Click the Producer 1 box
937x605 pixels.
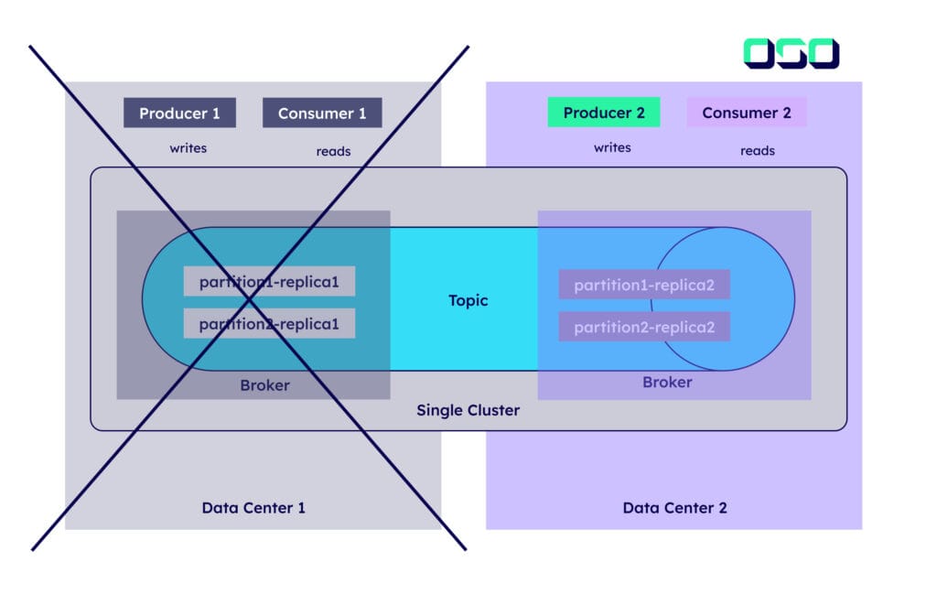(179, 113)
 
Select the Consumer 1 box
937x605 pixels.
(322, 113)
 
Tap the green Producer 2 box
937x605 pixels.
(604, 113)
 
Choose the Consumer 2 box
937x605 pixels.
(747, 113)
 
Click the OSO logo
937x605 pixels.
(791, 53)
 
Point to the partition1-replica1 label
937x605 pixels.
(269, 282)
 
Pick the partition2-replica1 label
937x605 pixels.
(269, 323)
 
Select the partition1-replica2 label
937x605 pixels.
(644, 285)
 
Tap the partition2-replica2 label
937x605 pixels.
(644, 326)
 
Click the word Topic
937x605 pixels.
(468, 300)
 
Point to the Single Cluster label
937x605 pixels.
(468, 410)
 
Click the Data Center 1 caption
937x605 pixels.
(253, 507)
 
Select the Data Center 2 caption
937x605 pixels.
(674, 507)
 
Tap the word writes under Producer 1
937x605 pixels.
(188, 147)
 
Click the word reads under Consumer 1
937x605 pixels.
(333, 151)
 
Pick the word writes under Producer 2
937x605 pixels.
(612, 147)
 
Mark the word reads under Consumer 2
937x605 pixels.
(758, 151)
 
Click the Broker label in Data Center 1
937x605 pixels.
(264, 385)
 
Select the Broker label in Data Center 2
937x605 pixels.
(667, 382)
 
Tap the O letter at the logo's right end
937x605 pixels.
(822, 53)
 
